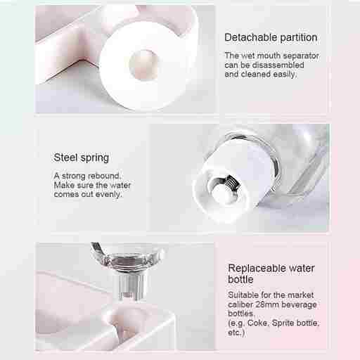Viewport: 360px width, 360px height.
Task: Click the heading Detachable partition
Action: (x=271, y=37)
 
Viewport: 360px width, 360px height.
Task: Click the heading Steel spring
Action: (x=81, y=157)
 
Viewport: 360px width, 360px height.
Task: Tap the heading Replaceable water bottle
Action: (x=271, y=274)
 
